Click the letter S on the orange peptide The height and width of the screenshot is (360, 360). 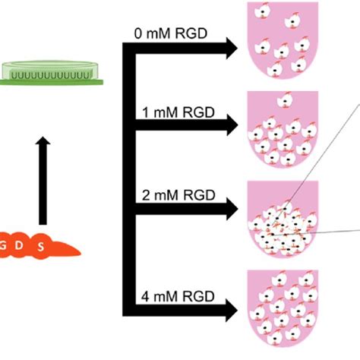click(40, 247)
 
